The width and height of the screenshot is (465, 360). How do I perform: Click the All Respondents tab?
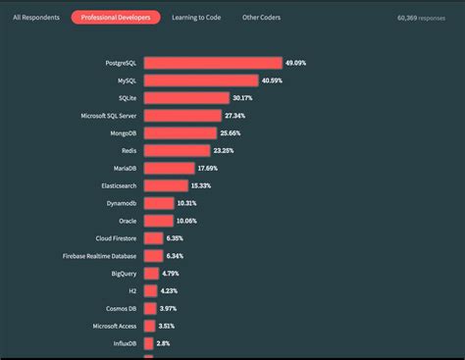point(35,18)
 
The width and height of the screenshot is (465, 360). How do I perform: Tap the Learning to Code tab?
point(196,18)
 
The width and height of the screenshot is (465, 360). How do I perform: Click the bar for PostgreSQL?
point(213,63)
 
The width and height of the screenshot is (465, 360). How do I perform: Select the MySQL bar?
point(201,80)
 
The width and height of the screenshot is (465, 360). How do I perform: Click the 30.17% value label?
point(243,98)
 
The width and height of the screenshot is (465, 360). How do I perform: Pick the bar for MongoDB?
point(181,132)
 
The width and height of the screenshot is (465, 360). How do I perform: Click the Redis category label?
point(129,150)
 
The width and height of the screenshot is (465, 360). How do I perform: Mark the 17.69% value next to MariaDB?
point(208,168)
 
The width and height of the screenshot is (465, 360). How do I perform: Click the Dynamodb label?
point(123,203)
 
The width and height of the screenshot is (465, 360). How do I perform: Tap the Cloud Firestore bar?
point(153,237)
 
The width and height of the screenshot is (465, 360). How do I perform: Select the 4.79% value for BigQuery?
point(171,273)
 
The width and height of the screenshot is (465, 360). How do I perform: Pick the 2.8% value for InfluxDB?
point(164,343)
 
